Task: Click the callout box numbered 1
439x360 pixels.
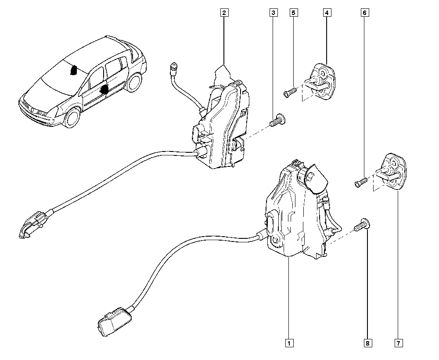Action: click(x=289, y=342)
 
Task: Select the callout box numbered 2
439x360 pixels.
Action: click(x=224, y=13)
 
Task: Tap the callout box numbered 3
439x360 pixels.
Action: click(x=273, y=13)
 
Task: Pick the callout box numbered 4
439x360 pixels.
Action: click(x=327, y=13)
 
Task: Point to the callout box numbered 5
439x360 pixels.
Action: click(x=293, y=13)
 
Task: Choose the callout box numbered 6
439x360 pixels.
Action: click(x=364, y=13)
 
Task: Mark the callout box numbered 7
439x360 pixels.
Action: click(x=399, y=342)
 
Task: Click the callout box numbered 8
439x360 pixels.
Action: click(x=367, y=342)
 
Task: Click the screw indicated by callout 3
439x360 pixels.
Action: click(x=277, y=120)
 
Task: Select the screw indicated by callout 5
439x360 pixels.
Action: click(x=290, y=92)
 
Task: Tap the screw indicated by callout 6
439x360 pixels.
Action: click(x=360, y=182)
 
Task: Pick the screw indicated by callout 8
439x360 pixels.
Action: click(x=362, y=225)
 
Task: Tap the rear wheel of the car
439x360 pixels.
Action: click(x=133, y=82)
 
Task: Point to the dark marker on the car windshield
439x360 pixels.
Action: click(x=74, y=70)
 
